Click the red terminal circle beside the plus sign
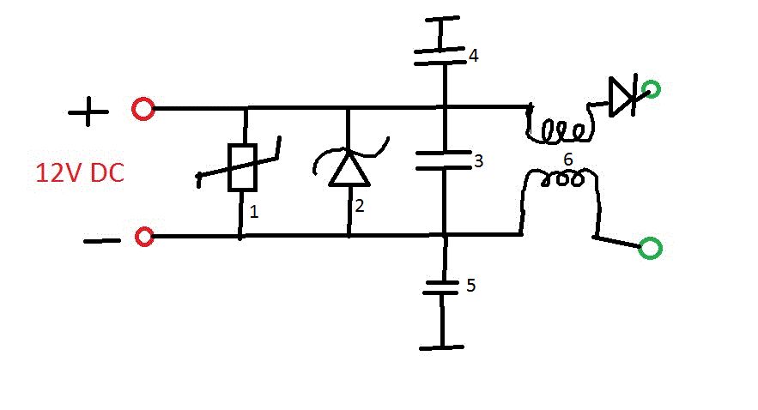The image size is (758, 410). click(x=143, y=109)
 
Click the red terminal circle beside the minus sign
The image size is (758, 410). click(x=144, y=237)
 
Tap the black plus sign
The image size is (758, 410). click(x=88, y=112)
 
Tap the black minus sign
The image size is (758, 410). click(x=102, y=240)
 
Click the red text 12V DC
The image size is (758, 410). click(x=80, y=173)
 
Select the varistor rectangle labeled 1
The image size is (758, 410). click(x=242, y=167)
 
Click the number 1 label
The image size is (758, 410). click(x=254, y=212)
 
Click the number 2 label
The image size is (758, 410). click(x=359, y=206)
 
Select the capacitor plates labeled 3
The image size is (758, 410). click(x=444, y=160)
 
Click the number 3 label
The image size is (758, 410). click(x=479, y=160)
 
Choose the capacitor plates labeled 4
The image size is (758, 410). click(x=440, y=56)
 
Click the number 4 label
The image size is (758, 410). click(x=474, y=56)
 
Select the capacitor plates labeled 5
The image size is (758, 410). click(x=441, y=286)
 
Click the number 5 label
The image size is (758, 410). click(x=470, y=286)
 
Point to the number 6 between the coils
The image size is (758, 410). click(x=568, y=160)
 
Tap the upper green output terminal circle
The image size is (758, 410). click(x=651, y=90)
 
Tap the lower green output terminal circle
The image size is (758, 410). click(x=651, y=248)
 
